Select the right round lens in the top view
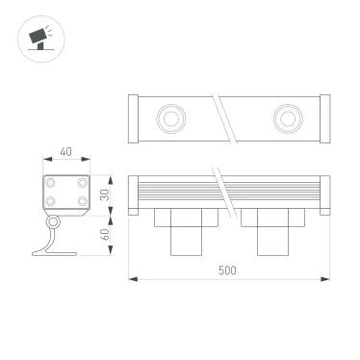[x=286, y=118]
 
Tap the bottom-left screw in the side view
[x=51, y=200]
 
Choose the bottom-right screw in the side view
[x=82, y=200]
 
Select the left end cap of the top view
[x=135, y=119]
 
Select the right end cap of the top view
[x=322, y=119]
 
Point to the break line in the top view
[x=224, y=118]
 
